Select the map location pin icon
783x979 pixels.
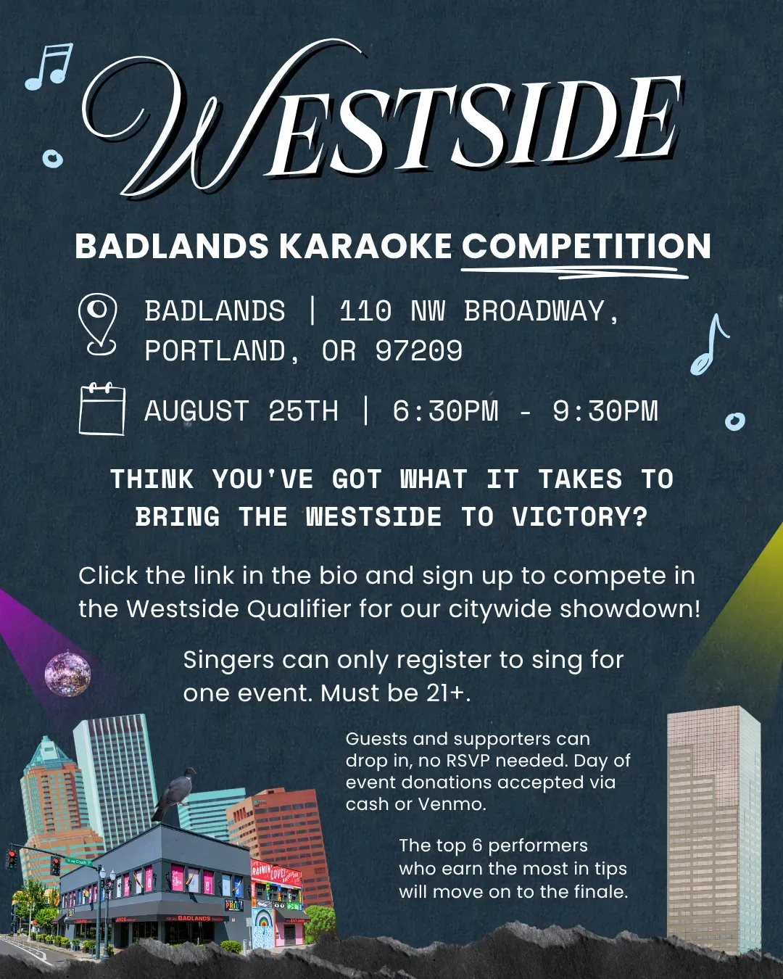click(x=98, y=325)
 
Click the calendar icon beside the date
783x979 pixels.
click(x=102, y=409)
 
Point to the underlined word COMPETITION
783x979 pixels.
click(x=586, y=246)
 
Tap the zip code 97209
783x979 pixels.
click(x=418, y=351)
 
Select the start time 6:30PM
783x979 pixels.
click(x=445, y=410)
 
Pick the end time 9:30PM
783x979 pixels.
click(x=605, y=410)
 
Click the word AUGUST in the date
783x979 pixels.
click(x=196, y=410)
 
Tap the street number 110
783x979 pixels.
click(x=365, y=312)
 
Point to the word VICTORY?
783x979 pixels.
click(x=579, y=517)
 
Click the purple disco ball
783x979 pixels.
click(x=68, y=674)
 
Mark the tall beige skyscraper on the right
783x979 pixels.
click(x=713, y=831)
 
